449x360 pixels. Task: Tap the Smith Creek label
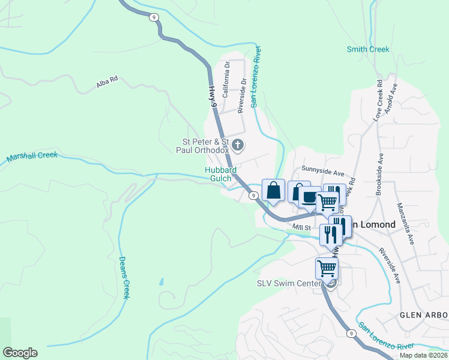[368, 50]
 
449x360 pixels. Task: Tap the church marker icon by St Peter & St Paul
[238, 145]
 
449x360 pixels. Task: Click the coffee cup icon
[310, 197]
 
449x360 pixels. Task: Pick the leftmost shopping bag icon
[273, 190]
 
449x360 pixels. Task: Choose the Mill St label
[301, 228]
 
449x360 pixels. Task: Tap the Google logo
[20, 353]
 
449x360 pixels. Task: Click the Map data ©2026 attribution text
[424, 355]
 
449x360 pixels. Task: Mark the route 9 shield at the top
[155, 18]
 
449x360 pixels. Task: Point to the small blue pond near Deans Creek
[161, 281]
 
